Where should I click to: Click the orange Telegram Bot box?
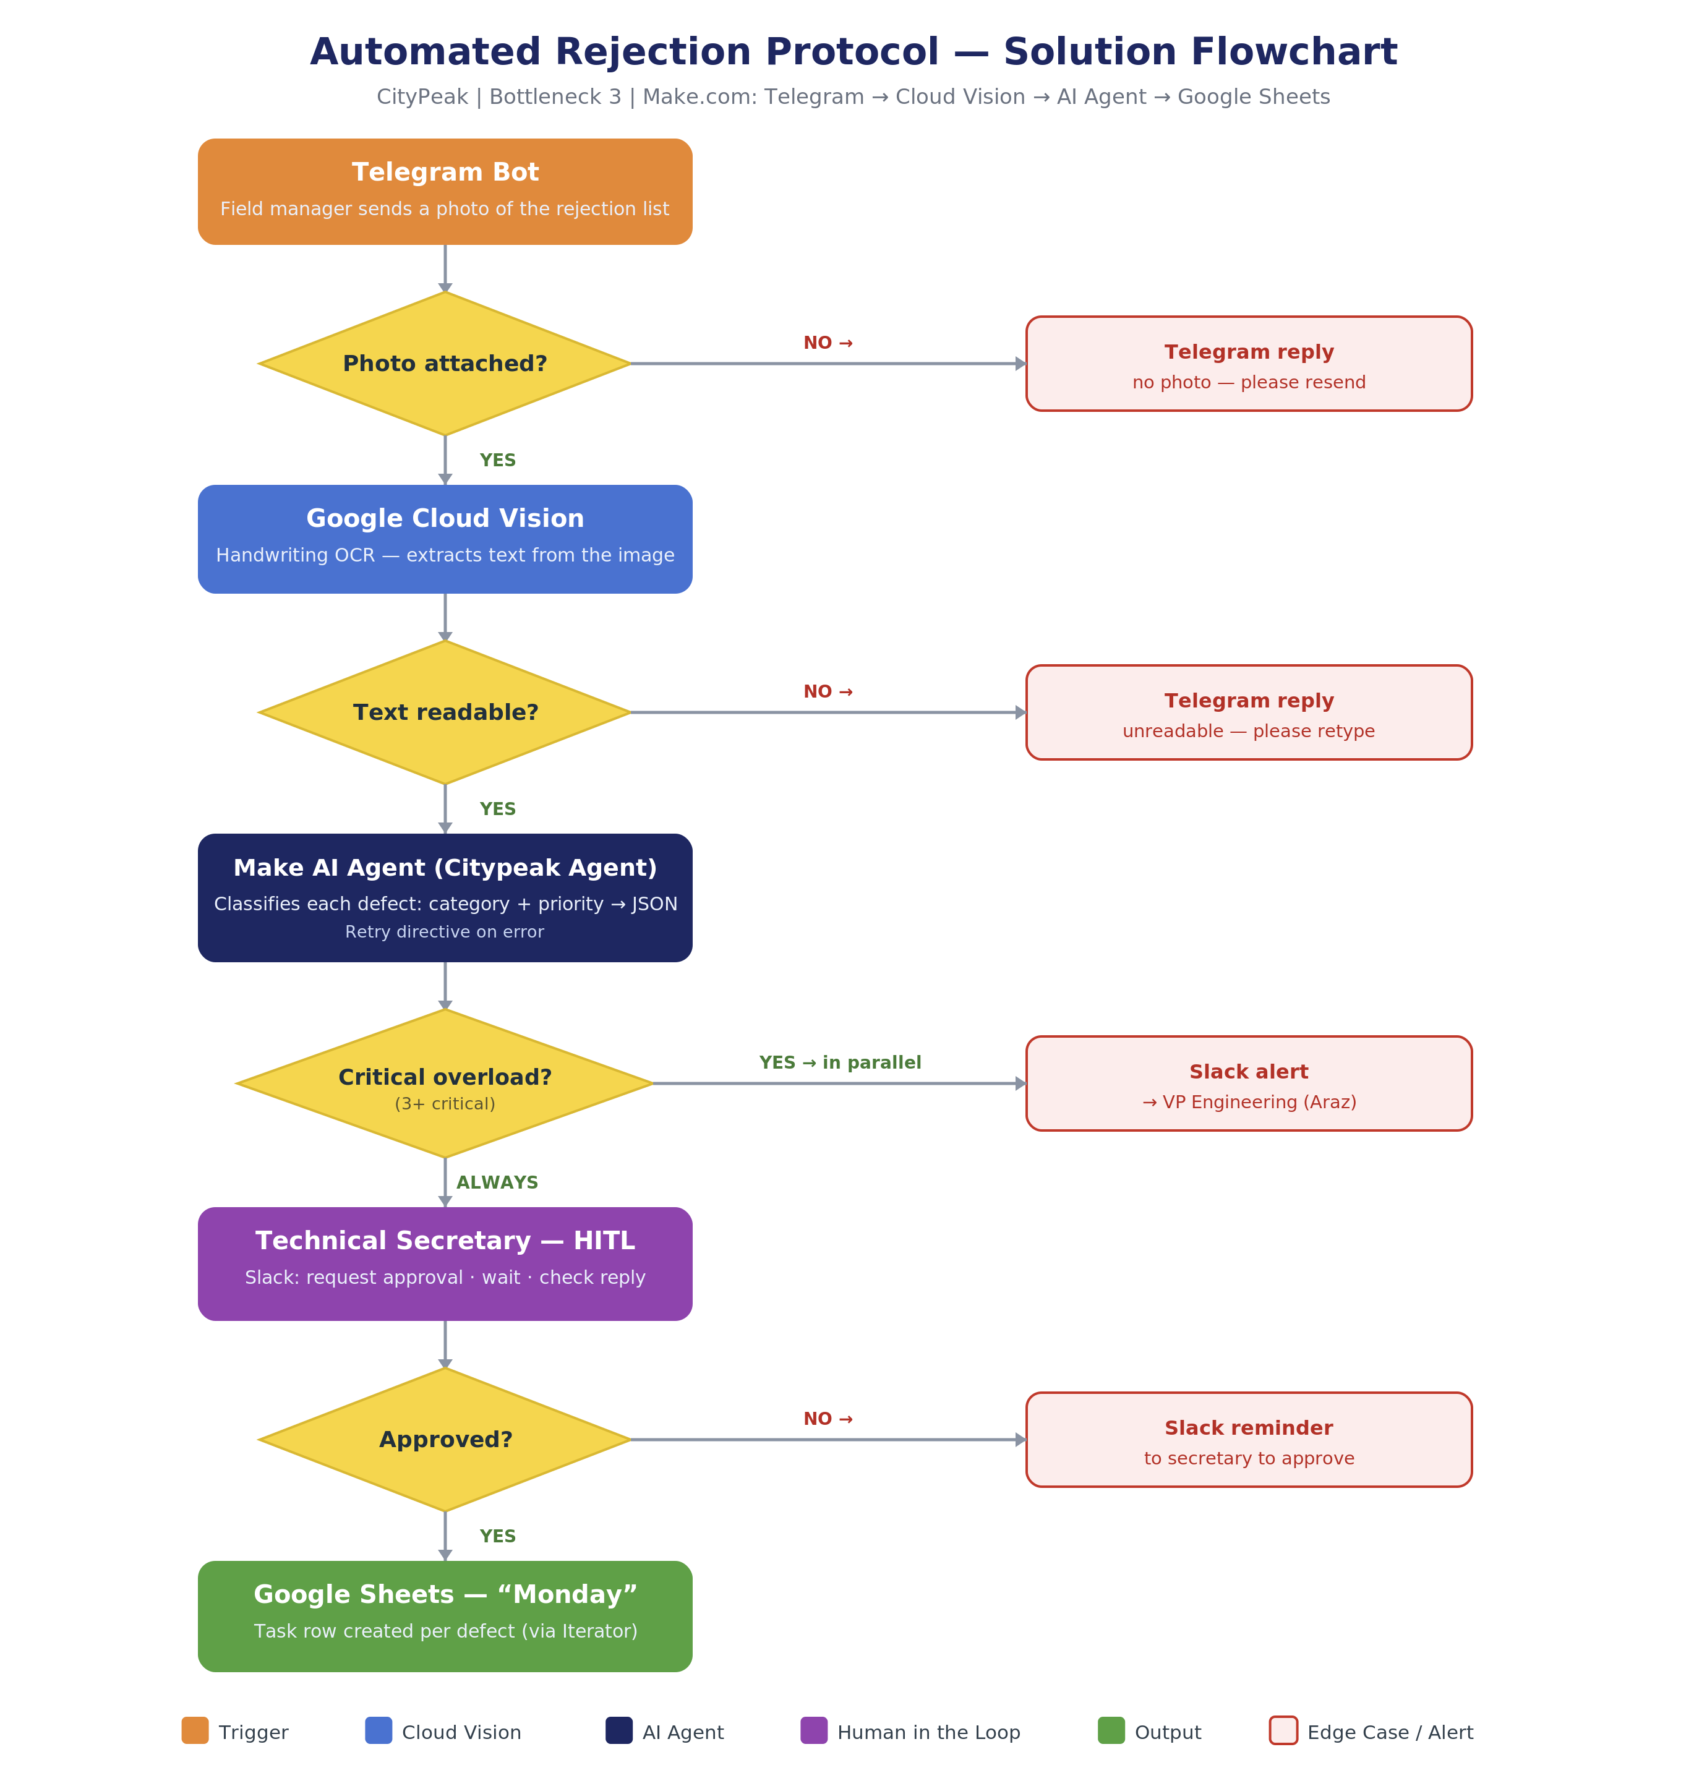coord(445,191)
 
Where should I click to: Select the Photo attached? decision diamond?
coord(445,363)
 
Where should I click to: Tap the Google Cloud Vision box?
coord(445,539)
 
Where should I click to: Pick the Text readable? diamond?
coord(445,712)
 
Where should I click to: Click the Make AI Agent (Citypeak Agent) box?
coord(445,897)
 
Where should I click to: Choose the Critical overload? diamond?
coord(445,1083)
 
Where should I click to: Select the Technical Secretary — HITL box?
coord(445,1264)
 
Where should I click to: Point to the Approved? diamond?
coord(445,1439)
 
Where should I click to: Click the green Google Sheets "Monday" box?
coord(445,1616)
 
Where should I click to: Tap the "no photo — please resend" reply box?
coord(1249,363)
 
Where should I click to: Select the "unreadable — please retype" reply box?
coord(1249,712)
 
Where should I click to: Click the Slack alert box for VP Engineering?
coord(1249,1083)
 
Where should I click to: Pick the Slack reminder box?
coord(1249,1439)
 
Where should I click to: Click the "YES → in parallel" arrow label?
coord(840,1062)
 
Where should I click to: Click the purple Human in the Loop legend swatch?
coord(813,1730)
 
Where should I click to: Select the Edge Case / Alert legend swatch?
coord(1283,1730)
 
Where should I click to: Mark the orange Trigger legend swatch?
coord(195,1730)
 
